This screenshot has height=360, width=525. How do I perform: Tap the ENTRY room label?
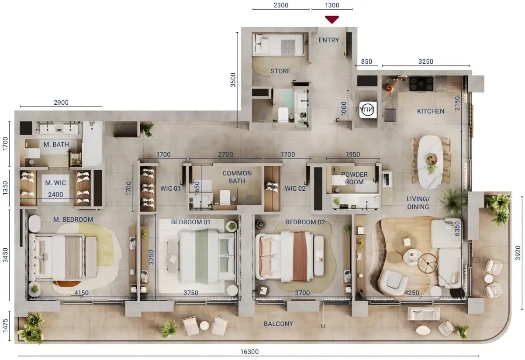coord(328,40)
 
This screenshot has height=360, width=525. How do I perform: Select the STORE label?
coord(280,71)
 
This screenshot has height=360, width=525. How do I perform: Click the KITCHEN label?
coord(431,111)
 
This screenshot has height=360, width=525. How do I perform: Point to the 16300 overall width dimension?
coord(249,352)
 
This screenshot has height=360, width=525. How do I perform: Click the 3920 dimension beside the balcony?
coord(518,253)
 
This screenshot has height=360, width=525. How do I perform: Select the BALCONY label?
coord(278,324)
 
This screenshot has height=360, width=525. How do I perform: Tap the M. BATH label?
coord(56,144)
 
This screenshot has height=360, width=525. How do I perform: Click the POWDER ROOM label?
coord(354,178)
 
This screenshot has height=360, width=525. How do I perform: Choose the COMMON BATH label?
coord(237,177)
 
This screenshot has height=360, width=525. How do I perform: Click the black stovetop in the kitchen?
coord(421,84)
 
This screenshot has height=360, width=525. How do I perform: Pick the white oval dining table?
coord(431,162)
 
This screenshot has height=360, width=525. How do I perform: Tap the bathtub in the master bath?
coord(92,143)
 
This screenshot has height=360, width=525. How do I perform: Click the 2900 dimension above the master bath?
coord(61,103)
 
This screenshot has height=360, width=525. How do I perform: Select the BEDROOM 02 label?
coord(305,222)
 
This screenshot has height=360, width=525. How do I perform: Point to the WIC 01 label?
coord(170,189)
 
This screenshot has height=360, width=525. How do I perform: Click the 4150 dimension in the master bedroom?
coord(81,293)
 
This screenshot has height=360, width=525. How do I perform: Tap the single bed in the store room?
coord(280,45)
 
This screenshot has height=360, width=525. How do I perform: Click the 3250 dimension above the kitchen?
coord(425,62)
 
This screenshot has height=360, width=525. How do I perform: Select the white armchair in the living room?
coord(394,282)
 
